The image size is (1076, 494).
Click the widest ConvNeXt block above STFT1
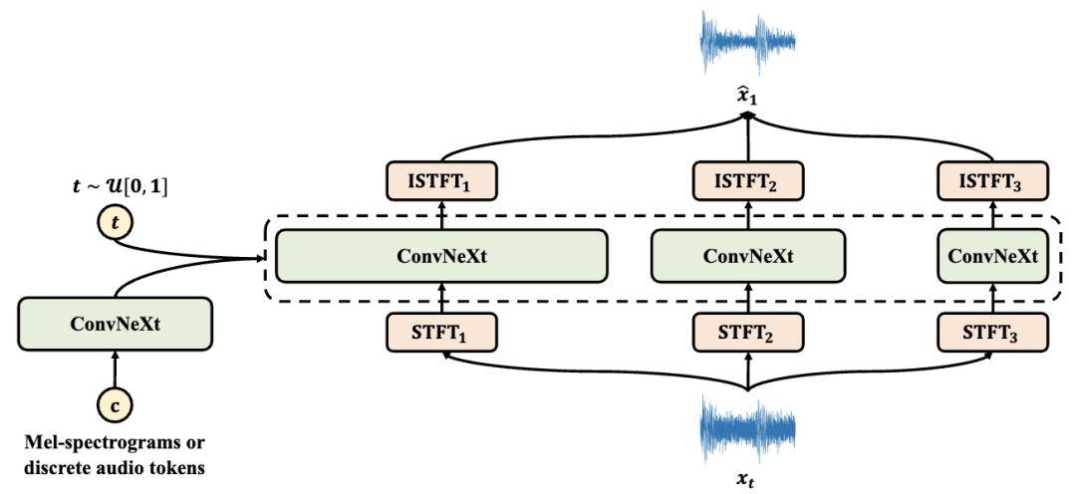pos(441,256)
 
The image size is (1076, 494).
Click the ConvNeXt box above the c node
pos(115,323)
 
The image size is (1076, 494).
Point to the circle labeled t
pos(115,225)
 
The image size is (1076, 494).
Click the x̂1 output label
pos(747,99)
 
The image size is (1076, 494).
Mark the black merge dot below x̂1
pos(747,118)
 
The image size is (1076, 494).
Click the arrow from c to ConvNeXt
pos(115,370)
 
